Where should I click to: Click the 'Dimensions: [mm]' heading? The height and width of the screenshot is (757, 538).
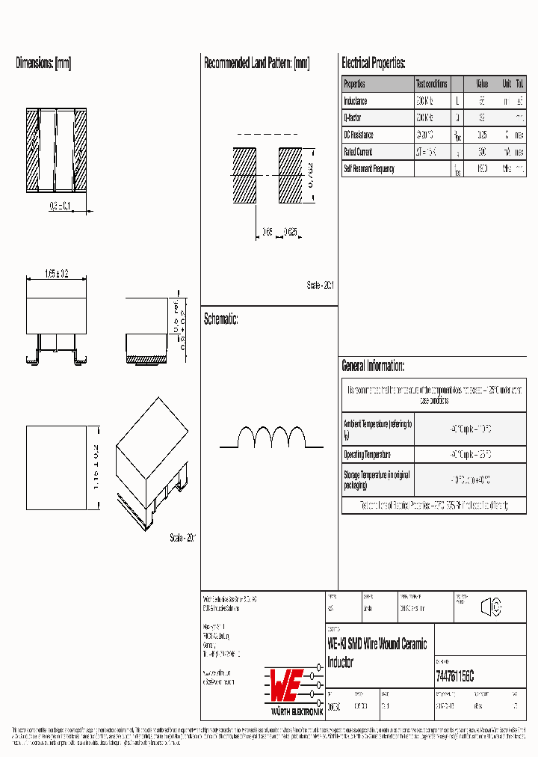(43, 64)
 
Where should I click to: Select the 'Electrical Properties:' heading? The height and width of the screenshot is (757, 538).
(373, 64)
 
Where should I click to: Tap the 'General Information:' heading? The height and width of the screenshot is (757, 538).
(373, 366)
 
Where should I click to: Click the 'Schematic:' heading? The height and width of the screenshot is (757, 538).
(220, 319)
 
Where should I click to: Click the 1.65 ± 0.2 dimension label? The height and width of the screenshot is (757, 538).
(57, 275)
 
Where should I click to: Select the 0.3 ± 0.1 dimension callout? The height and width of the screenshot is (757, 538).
(60, 206)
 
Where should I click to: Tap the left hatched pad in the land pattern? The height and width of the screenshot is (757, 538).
(244, 175)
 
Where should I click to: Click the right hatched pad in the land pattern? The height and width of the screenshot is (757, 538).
(291, 175)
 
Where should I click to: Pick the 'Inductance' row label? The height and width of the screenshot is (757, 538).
(356, 101)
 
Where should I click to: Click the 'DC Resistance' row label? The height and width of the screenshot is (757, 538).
(359, 135)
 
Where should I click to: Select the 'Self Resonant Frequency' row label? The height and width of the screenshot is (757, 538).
(368, 169)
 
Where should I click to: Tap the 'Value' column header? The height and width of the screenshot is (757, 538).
(482, 84)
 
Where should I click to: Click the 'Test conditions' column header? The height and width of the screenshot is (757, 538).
(432, 84)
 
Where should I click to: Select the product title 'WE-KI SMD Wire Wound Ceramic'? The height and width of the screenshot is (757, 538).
(377, 644)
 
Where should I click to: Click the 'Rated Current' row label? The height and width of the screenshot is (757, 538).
(359, 152)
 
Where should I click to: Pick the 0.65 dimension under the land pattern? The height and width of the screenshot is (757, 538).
(267, 232)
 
